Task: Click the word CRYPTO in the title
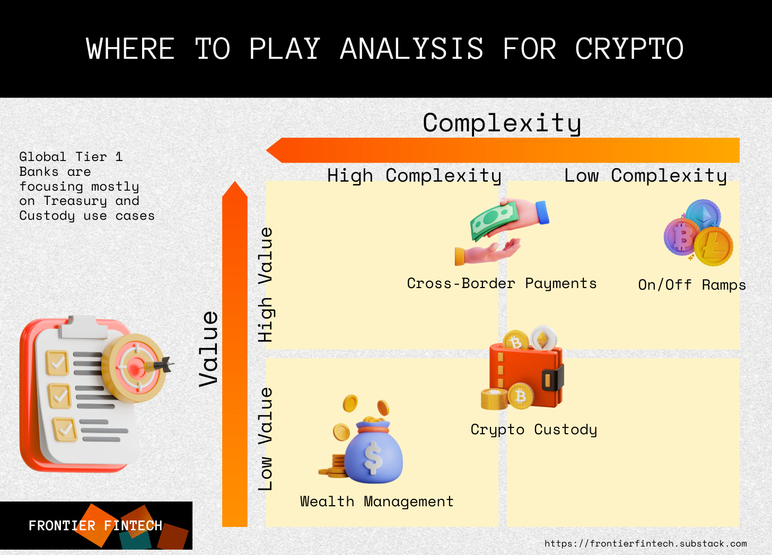(x=629, y=49)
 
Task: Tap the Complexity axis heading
(x=502, y=123)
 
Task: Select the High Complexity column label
(x=414, y=175)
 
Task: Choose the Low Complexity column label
(x=645, y=175)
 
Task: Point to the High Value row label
(x=265, y=284)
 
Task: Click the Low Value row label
(x=265, y=438)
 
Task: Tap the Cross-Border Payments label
(x=502, y=284)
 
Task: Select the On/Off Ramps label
(x=691, y=285)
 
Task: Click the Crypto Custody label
(x=533, y=429)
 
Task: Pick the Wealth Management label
(x=376, y=502)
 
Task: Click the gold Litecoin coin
(x=714, y=247)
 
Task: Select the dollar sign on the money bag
(x=373, y=458)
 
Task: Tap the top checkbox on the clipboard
(x=57, y=363)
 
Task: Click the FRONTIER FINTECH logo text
(x=95, y=526)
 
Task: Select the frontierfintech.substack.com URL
(x=645, y=543)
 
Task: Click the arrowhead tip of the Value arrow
(x=235, y=184)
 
